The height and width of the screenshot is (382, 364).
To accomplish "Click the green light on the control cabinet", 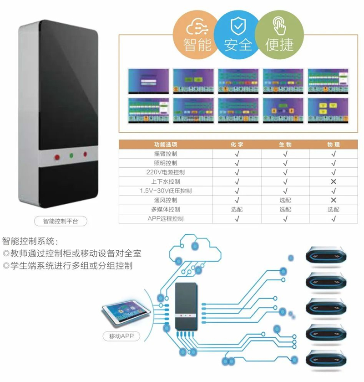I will pyautogui.click(x=71, y=155).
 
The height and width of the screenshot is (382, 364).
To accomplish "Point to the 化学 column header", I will pyautogui.click(x=237, y=145).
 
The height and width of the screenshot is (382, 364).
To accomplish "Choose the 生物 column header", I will pyautogui.click(x=285, y=145).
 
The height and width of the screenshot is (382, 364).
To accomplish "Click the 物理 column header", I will pyautogui.click(x=334, y=145).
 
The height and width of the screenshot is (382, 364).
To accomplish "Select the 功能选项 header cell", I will pyautogui.click(x=166, y=145).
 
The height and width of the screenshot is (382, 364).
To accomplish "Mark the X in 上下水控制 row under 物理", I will pyautogui.click(x=334, y=181).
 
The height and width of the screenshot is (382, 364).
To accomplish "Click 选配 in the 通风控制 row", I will pyautogui.click(x=285, y=200).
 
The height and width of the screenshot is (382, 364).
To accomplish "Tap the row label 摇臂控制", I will pyautogui.click(x=166, y=154).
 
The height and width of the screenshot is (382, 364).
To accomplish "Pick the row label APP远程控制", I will pyautogui.click(x=166, y=219).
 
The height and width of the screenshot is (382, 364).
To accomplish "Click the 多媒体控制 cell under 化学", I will pyautogui.click(x=237, y=209).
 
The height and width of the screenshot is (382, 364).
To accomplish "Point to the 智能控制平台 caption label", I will pyautogui.click(x=61, y=222).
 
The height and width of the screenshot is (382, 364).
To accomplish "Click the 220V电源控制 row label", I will pyautogui.click(x=166, y=172).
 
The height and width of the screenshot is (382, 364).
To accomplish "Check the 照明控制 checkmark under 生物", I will pyautogui.click(x=285, y=163).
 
